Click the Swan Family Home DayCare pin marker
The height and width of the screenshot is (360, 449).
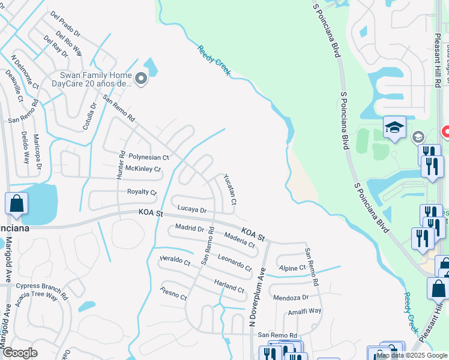click(x=140, y=79)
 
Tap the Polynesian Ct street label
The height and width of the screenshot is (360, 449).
click(x=149, y=157)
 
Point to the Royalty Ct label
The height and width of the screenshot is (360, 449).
click(x=142, y=193)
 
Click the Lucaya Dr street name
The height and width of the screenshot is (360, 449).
click(x=191, y=209)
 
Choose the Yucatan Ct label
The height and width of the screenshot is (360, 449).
click(x=231, y=189)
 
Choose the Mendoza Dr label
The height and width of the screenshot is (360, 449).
click(x=291, y=297)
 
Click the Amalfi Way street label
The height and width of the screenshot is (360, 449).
click(x=304, y=311)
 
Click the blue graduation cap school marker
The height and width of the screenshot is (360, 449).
click(x=394, y=127)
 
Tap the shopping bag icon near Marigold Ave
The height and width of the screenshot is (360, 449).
click(x=16, y=203)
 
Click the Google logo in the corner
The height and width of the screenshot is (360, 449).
click(x=20, y=352)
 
